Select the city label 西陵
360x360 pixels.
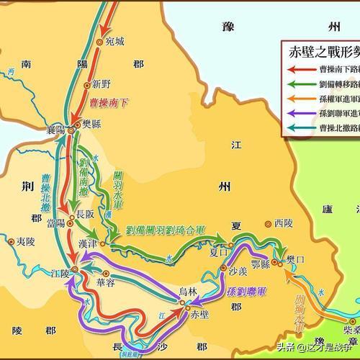coord(284,224)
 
